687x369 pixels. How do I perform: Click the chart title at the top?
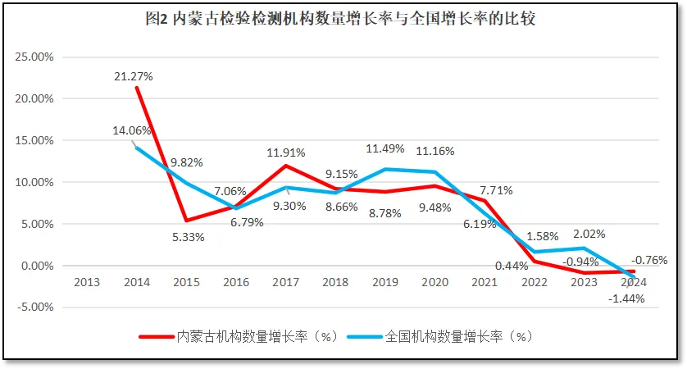[x=343, y=18]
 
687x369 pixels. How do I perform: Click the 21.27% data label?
[x=134, y=76]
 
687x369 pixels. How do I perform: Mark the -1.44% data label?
[x=626, y=298]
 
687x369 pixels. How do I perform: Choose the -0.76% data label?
[x=649, y=261]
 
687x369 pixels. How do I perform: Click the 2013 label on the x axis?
[x=86, y=282]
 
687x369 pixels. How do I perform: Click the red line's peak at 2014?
[x=136, y=88]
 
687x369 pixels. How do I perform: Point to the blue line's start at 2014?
[x=136, y=148]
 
